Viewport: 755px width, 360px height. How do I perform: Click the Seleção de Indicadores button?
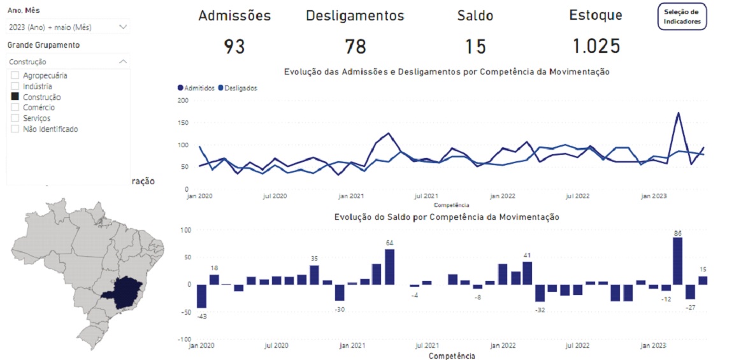point(682,17)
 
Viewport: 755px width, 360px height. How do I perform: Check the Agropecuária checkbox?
point(15,75)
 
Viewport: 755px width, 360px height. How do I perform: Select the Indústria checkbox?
point(15,86)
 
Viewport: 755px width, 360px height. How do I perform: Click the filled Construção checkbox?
point(15,97)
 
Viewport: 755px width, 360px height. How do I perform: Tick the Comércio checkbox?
point(15,108)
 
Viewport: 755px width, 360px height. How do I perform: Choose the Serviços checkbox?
point(15,118)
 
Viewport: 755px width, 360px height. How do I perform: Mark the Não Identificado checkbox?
point(15,129)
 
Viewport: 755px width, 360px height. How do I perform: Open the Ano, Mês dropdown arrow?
point(123,27)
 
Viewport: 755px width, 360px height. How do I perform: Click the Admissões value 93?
point(234,46)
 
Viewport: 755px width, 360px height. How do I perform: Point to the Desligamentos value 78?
point(355,46)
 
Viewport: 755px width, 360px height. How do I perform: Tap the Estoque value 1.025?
point(596,46)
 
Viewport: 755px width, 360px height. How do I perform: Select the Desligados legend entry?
point(238,88)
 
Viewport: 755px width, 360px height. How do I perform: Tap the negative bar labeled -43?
point(201,296)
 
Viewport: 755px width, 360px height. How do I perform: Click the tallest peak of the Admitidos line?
point(678,113)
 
